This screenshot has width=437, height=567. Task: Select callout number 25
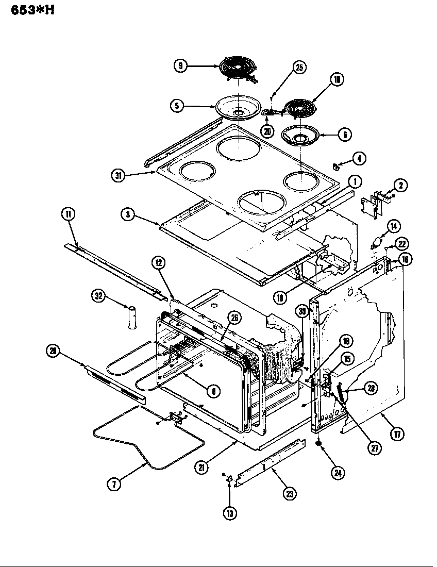[299, 67]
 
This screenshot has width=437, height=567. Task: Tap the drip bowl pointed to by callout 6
[299, 136]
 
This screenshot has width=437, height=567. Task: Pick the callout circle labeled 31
[119, 175]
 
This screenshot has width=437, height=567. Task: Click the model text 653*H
[32, 10]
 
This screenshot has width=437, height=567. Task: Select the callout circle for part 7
[114, 485]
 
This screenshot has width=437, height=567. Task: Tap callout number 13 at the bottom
[229, 512]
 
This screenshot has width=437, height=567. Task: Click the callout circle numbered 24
[338, 472]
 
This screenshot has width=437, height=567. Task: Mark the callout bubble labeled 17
[397, 433]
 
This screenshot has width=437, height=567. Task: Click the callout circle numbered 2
[400, 185]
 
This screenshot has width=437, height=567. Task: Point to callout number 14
[394, 225]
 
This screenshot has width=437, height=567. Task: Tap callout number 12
[159, 263]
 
